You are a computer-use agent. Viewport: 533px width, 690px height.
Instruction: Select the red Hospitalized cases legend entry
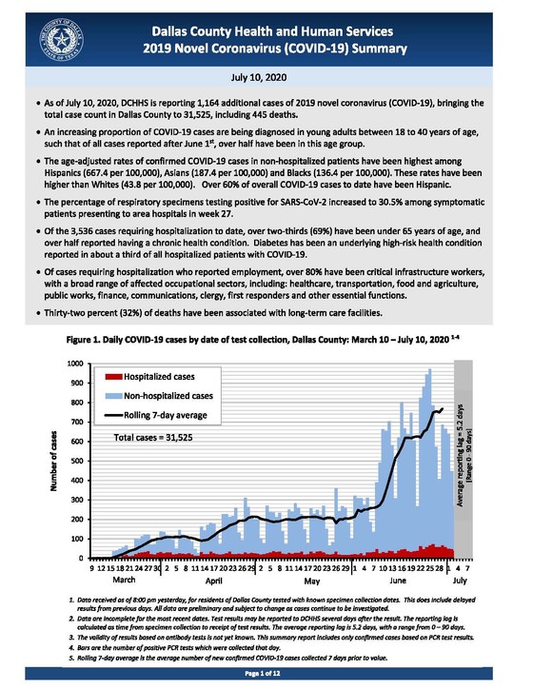[x=148, y=377]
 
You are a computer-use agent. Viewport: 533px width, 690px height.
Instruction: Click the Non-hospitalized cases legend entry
[x=158, y=394]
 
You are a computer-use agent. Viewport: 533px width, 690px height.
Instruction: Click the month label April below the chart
[x=214, y=578]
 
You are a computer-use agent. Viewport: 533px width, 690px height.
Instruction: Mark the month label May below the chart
[x=310, y=578]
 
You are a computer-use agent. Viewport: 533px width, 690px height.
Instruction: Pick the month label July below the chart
[x=461, y=578]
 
